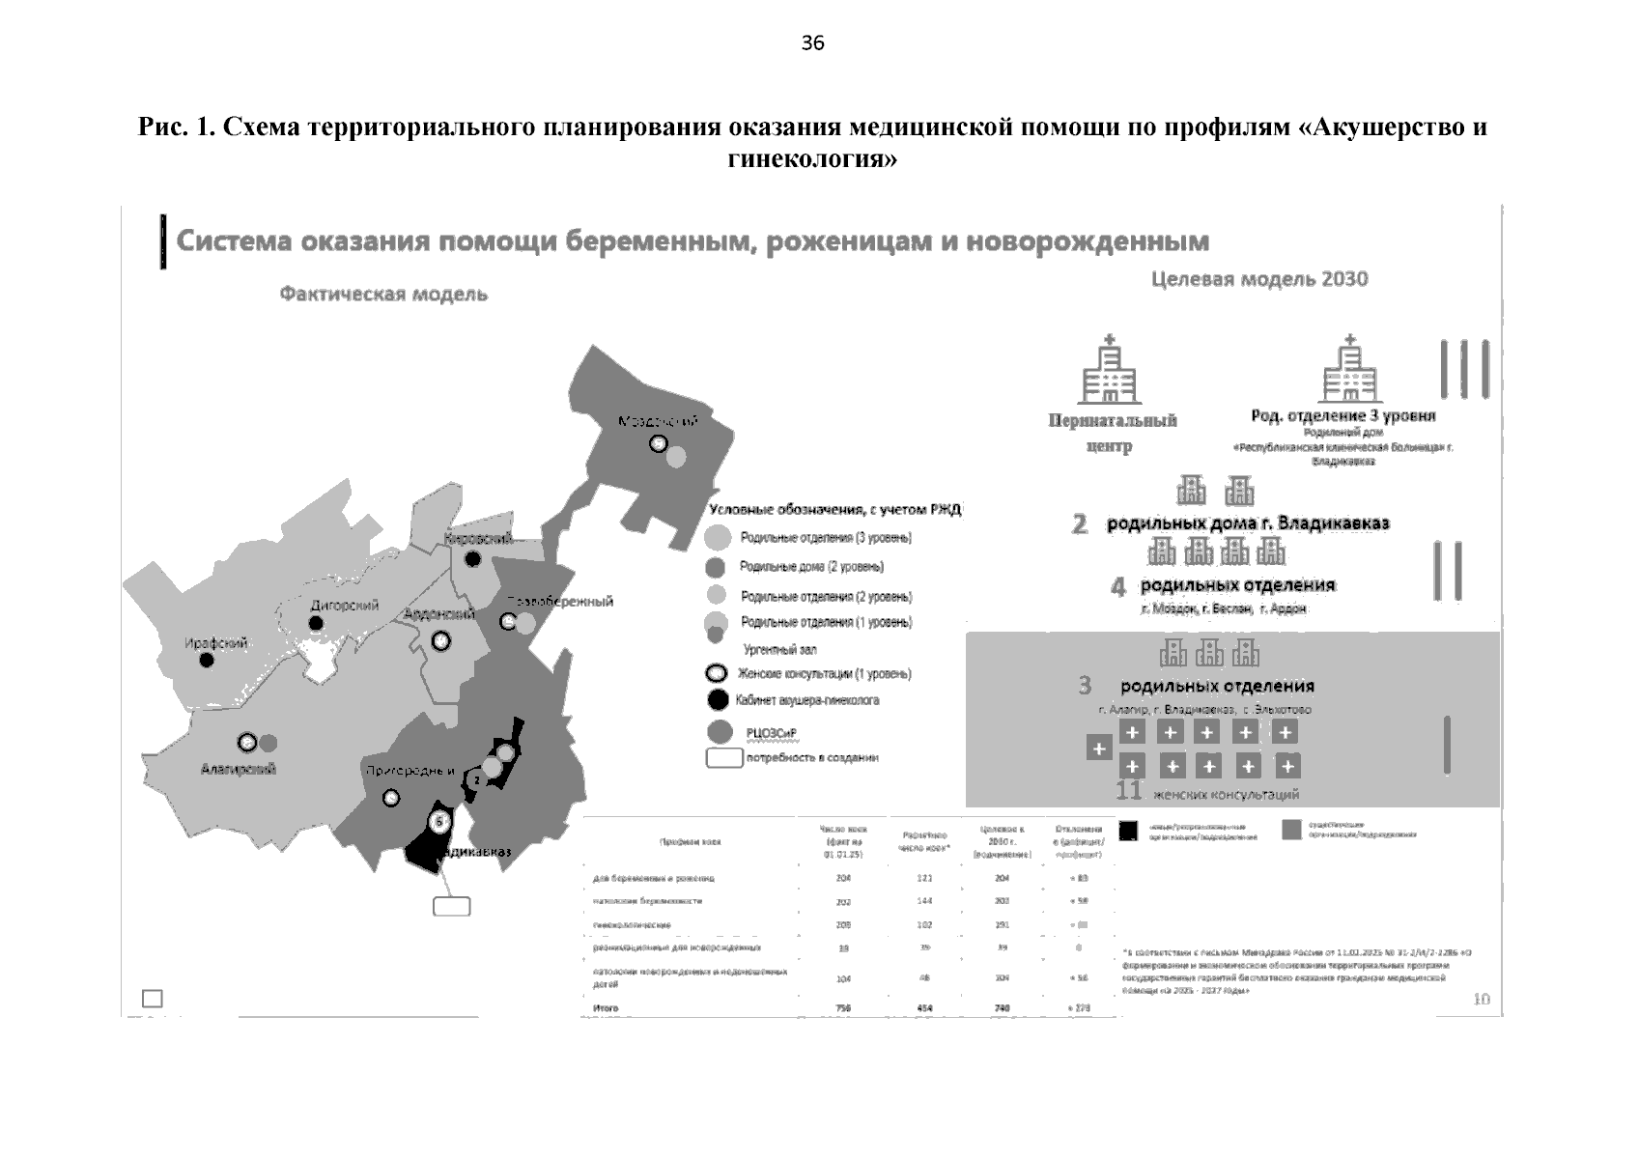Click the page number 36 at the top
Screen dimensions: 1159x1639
pos(812,43)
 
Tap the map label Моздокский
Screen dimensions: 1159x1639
pos(658,422)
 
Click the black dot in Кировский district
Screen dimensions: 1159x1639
pos(473,559)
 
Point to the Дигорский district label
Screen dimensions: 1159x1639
pos(344,606)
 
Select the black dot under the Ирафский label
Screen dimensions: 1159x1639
pos(207,661)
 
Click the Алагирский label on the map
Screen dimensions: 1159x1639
pos(239,769)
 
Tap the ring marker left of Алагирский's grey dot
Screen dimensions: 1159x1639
pos(247,743)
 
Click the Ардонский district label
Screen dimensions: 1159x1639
pos(438,614)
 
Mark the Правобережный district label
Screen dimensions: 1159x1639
pos(560,602)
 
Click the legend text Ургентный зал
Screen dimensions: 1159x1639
pos(779,650)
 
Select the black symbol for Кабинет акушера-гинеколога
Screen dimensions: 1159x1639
pos(718,700)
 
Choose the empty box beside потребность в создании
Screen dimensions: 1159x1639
pos(724,758)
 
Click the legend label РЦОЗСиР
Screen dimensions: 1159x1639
pos(771,733)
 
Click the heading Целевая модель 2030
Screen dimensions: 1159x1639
pos(1259,279)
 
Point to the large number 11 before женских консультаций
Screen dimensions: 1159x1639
pos(1128,792)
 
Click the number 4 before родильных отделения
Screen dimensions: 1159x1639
pos(1118,586)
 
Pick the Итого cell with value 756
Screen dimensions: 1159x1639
pos(844,1008)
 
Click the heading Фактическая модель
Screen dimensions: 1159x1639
pos(383,294)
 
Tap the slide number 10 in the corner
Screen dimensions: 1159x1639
pos(1482,1000)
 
